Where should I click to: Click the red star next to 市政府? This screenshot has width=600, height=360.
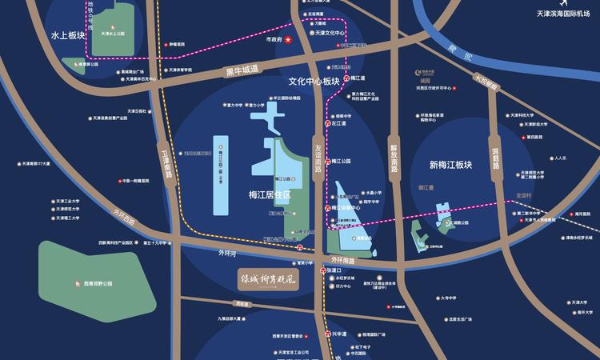tap(288, 40)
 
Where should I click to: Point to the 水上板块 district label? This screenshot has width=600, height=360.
tap(67, 37)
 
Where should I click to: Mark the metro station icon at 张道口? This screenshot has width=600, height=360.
tap(323, 270)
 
